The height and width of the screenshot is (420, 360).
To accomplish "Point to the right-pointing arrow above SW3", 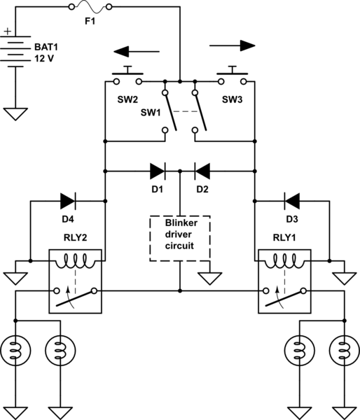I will pos(232,46).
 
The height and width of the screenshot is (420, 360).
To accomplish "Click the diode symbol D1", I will pos(156,170).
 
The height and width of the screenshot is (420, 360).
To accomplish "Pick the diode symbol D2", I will pos(201,170).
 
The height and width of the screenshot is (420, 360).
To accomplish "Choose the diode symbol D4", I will pos(68,201).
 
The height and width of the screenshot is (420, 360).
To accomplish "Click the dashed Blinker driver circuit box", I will pos(180,239).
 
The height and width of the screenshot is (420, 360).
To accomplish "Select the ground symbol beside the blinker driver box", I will pos(208,277).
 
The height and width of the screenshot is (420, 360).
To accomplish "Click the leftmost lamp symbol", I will pos(15,348).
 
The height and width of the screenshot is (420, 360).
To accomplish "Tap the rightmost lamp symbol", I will pos(344,348).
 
